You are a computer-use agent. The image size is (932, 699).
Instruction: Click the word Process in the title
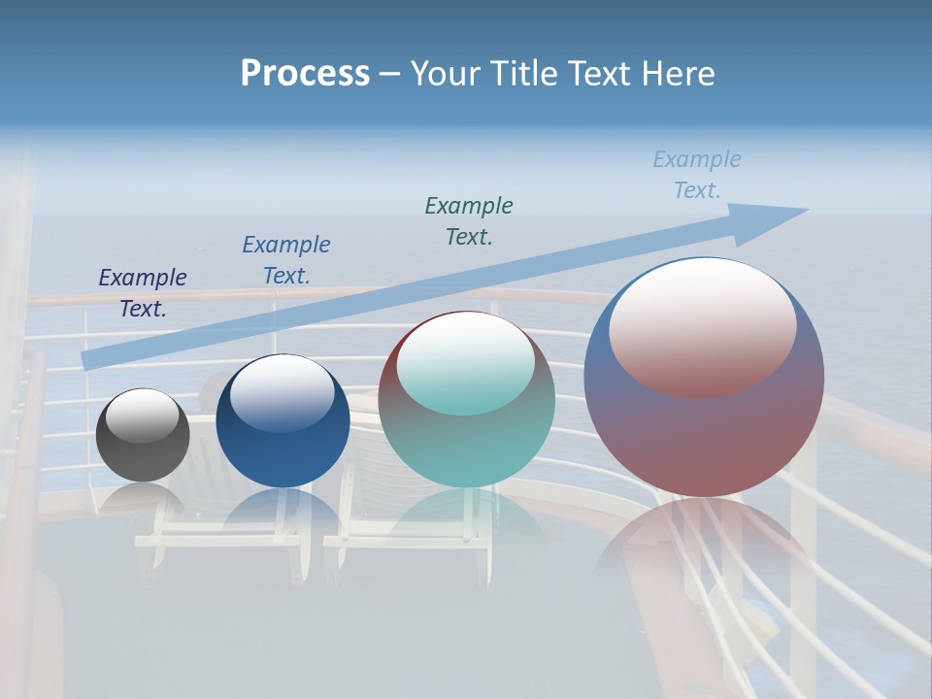[x=305, y=74]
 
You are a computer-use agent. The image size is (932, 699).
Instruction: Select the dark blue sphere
[x=283, y=451]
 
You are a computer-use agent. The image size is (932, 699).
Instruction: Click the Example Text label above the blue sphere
[x=286, y=260]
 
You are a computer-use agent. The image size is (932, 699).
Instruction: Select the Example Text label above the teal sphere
[x=469, y=220]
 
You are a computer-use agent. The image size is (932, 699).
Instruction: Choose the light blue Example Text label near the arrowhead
[x=697, y=175]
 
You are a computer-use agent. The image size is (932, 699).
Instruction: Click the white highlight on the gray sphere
[x=143, y=416]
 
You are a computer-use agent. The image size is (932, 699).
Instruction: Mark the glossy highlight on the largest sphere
[x=703, y=325]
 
